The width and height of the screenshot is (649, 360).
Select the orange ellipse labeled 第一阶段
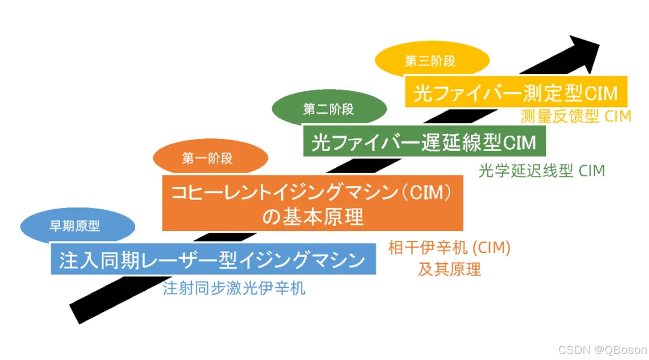point(207,159)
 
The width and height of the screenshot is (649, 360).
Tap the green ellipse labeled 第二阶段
point(328,109)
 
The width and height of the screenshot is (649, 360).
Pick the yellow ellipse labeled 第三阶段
point(430,61)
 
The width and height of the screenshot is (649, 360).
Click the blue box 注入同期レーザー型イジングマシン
point(213,260)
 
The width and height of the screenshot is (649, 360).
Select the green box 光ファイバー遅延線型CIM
point(424,142)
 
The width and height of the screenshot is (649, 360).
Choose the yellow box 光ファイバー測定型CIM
point(516,93)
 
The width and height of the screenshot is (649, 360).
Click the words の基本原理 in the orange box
point(312,216)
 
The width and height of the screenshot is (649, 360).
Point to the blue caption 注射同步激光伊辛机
point(234,288)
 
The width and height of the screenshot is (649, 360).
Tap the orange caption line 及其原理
point(449,269)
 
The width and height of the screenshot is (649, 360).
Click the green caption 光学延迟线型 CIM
point(541,171)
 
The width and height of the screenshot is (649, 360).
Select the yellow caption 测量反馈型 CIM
point(575,117)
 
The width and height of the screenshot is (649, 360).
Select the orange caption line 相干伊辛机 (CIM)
point(449,248)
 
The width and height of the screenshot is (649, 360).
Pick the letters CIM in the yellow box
point(601,93)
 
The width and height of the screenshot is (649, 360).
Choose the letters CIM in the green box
point(519,142)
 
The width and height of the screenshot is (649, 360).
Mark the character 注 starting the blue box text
point(67,260)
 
